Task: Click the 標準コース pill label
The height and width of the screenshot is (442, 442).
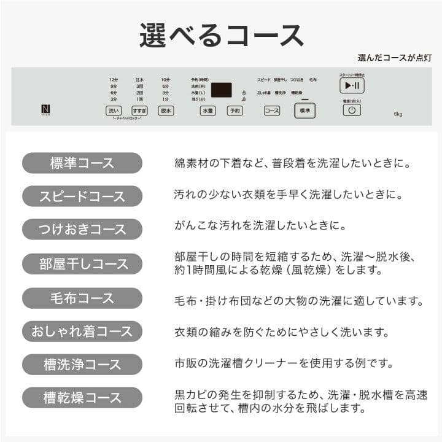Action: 82,163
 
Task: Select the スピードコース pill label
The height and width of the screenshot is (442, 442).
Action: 82,196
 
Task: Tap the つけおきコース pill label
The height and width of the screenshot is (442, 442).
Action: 82,230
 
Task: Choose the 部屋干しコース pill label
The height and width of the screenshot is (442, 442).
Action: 82,264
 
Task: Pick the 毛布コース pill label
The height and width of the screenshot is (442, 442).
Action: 82,298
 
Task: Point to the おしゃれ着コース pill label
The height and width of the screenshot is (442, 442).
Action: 82,331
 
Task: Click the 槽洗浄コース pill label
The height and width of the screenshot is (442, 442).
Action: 82,365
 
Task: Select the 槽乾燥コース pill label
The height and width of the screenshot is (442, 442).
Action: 82,398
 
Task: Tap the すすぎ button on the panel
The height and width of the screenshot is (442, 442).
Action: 139,111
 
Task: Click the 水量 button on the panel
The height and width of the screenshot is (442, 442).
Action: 207,111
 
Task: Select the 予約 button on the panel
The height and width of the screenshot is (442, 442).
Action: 235,111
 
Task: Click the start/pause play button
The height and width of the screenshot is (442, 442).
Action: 352,86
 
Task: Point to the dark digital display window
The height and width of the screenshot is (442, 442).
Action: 221,90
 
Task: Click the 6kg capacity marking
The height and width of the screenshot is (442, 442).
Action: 398,114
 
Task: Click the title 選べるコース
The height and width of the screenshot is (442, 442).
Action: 221,36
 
